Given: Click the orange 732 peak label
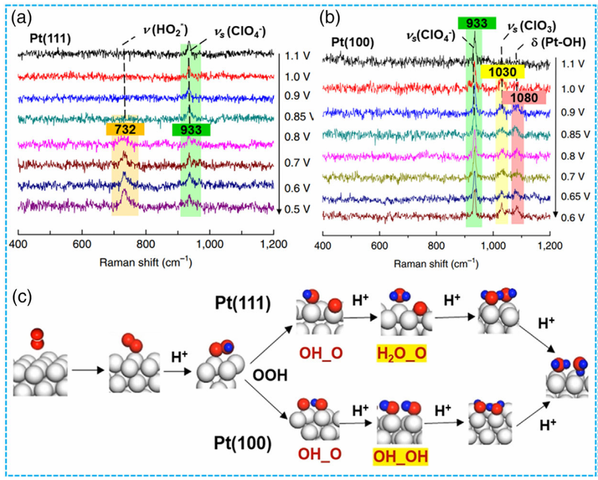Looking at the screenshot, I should click(125, 128).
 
